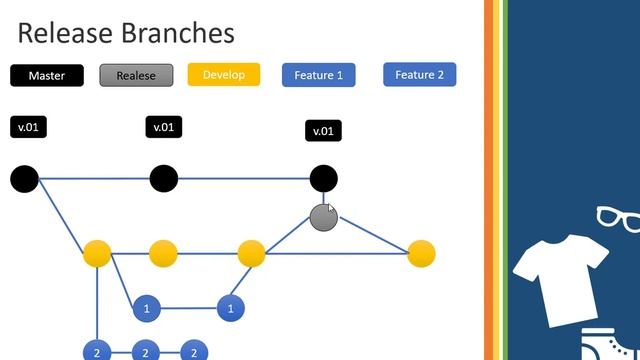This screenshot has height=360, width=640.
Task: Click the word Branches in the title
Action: click(181, 33)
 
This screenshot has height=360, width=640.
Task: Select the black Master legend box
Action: click(46, 75)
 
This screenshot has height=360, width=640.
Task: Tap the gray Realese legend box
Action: click(136, 75)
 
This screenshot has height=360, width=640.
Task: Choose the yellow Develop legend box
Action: click(223, 74)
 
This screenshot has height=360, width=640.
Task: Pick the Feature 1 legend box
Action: click(318, 75)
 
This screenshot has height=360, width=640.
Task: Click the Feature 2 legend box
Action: click(420, 74)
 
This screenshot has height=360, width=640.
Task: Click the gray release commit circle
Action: click(323, 216)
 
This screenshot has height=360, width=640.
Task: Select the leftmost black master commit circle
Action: click(25, 179)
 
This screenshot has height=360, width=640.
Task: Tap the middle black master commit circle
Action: click(164, 179)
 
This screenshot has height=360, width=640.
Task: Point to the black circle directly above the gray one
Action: click(323, 179)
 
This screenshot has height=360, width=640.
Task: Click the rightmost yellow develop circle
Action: click(421, 253)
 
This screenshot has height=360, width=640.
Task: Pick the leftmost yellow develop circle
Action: click(97, 253)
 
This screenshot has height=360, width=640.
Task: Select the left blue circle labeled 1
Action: click(147, 308)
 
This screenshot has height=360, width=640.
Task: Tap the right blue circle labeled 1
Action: click(231, 308)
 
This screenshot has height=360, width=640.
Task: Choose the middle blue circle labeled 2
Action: click(145, 352)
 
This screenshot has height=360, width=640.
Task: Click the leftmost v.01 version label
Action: click(28, 127)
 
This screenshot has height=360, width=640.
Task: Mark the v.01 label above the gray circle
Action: click(323, 131)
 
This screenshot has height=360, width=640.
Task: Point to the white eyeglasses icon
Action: click(617, 218)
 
